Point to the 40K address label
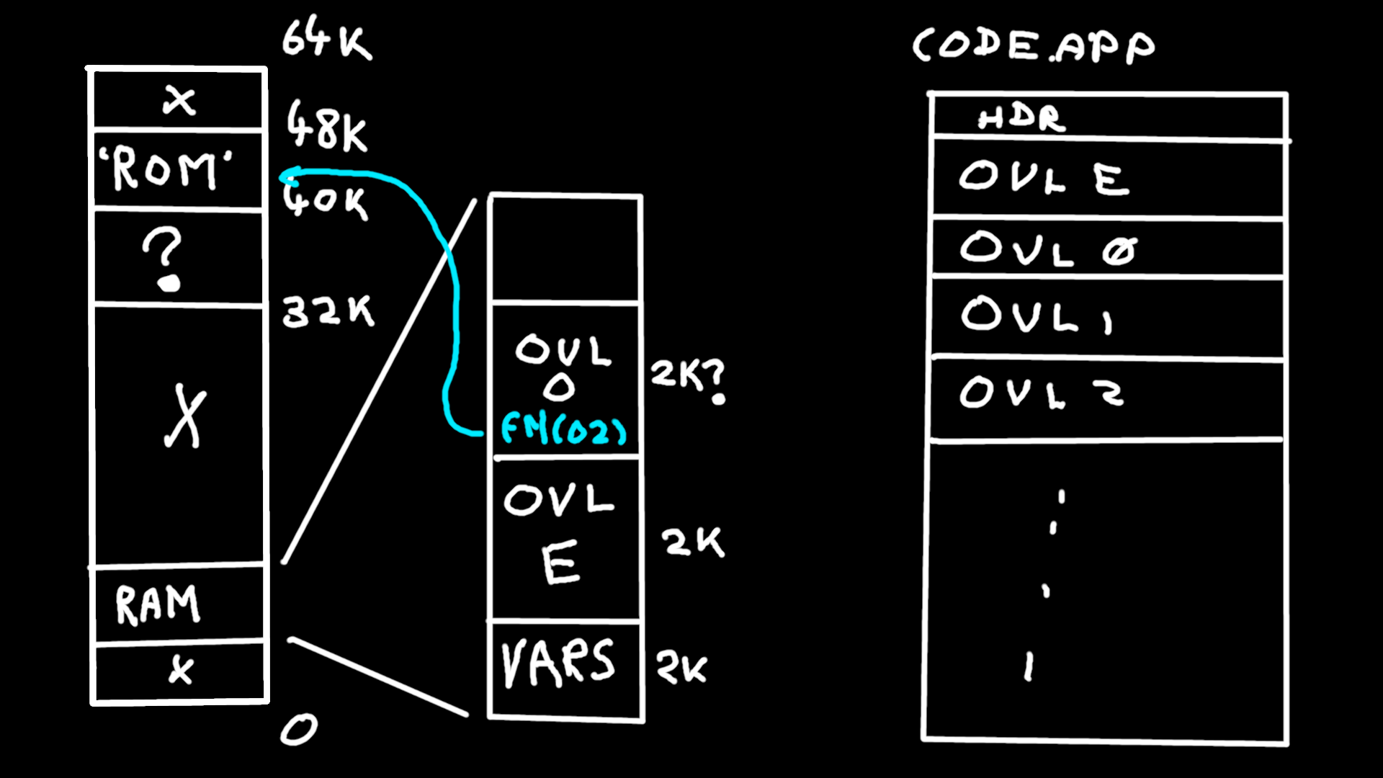pos(326,200)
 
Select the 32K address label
pos(328,312)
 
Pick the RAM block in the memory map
pos(158,604)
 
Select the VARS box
pos(560,663)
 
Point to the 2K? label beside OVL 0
pos(688,378)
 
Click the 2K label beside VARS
pos(681,668)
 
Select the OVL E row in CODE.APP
pos(1044,177)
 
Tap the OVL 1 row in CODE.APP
pos(1037,316)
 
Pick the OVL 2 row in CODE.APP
pos(1042,393)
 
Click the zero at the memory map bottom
pos(298,729)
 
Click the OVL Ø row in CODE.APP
pos(1048,249)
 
